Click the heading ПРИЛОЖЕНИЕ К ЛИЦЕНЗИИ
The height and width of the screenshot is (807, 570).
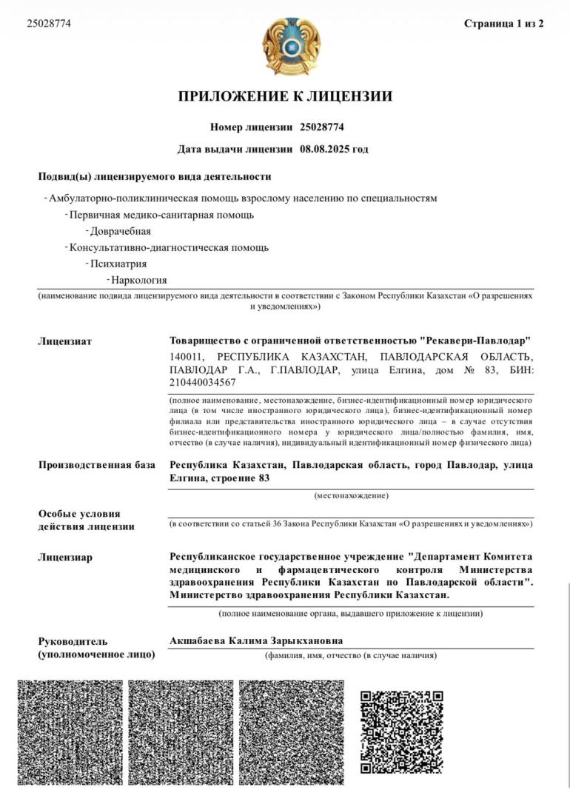(x=285, y=96)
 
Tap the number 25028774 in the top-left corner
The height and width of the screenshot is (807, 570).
(x=49, y=23)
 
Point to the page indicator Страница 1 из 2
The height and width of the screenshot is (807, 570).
(x=503, y=24)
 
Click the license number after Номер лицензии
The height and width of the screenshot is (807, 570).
(x=322, y=127)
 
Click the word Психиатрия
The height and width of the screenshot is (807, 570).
(x=118, y=264)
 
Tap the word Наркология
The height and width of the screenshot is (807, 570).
(x=139, y=280)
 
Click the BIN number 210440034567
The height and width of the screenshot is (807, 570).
(x=203, y=382)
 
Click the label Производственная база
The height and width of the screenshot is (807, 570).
(x=96, y=465)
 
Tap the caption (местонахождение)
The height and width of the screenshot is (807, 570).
(x=351, y=495)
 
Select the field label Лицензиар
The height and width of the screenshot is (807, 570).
(x=65, y=557)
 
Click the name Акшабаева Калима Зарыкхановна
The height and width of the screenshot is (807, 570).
(x=256, y=641)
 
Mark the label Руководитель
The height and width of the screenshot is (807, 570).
(x=73, y=641)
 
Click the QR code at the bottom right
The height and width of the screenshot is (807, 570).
(x=401, y=732)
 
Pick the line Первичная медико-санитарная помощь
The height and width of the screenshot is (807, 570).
(x=161, y=215)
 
